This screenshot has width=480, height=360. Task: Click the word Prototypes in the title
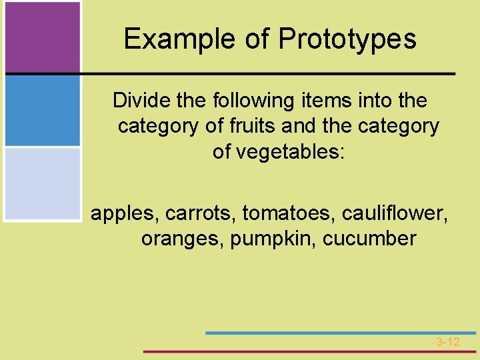pos(347,39)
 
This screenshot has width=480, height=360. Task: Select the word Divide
pos(138,101)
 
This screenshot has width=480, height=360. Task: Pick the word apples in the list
pos(123,214)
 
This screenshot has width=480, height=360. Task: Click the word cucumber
pos(370,239)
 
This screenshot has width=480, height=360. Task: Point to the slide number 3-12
pos(448,342)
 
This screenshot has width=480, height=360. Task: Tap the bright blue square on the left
pos(42,110)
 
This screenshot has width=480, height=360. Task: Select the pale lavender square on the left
pos(42,183)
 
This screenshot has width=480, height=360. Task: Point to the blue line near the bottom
pos(340,333)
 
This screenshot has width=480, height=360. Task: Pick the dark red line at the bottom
pos(310,351)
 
